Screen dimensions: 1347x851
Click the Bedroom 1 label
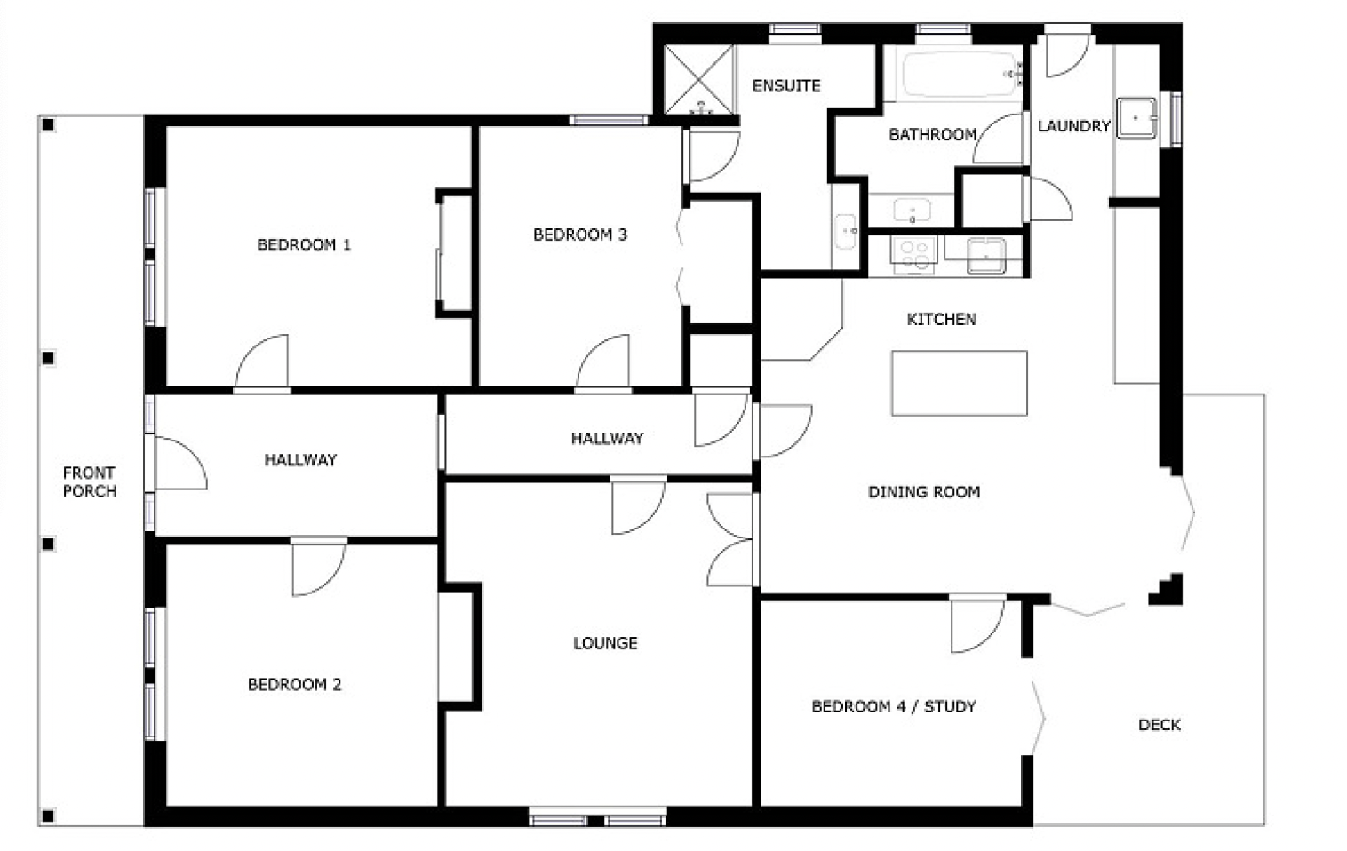point(304,244)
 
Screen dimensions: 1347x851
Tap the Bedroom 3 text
point(580,235)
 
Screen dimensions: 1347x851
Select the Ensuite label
point(786,86)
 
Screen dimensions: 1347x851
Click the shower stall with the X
point(698,80)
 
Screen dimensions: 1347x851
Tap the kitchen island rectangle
point(960,384)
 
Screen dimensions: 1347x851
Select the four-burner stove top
point(913,255)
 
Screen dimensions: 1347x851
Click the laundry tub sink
point(1136,118)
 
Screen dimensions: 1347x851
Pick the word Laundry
point(1074,126)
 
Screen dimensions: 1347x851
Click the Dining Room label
point(924,492)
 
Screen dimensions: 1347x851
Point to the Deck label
point(1160,725)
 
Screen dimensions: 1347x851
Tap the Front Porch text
point(90,482)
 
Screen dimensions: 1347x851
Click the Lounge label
point(605,643)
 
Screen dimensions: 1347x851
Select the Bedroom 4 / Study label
point(894,706)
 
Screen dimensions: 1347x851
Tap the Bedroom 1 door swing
point(261,362)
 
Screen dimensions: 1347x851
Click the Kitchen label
point(942,319)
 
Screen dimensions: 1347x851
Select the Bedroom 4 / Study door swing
point(977,625)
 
